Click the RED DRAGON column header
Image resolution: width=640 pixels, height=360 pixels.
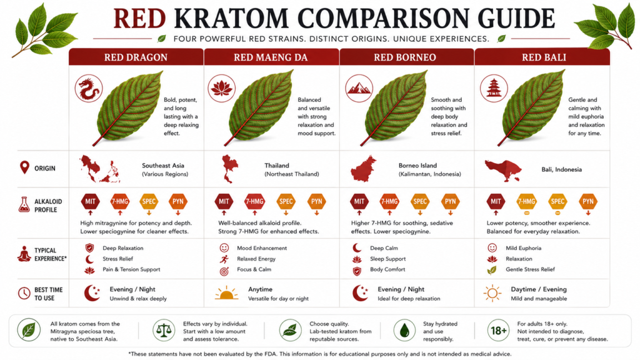(136, 57)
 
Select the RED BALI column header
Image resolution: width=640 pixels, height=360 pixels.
(544, 57)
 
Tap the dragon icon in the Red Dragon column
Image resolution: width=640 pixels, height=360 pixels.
(89, 89)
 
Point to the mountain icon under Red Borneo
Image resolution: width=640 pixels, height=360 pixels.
(359, 88)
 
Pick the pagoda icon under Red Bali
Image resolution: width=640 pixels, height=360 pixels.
(494, 88)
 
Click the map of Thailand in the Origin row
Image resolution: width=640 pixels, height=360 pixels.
(229, 169)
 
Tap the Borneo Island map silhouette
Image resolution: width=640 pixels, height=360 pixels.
(363, 169)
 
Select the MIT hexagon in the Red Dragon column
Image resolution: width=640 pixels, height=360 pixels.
(90, 201)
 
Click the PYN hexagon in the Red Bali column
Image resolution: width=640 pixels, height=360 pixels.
(587, 201)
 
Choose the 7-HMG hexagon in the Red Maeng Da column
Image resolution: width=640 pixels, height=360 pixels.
(254, 201)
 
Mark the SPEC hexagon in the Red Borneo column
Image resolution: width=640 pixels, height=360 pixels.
(420, 201)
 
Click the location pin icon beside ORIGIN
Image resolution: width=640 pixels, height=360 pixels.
(25, 167)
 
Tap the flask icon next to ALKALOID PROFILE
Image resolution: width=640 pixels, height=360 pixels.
(24, 205)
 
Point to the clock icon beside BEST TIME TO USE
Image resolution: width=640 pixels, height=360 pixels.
(24, 293)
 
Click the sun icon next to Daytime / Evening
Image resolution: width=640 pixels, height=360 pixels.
(492, 293)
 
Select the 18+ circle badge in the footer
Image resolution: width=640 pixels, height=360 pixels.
(498, 330)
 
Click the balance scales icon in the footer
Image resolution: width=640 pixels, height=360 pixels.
(164, 330)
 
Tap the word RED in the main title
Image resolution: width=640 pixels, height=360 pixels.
(139, 19)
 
